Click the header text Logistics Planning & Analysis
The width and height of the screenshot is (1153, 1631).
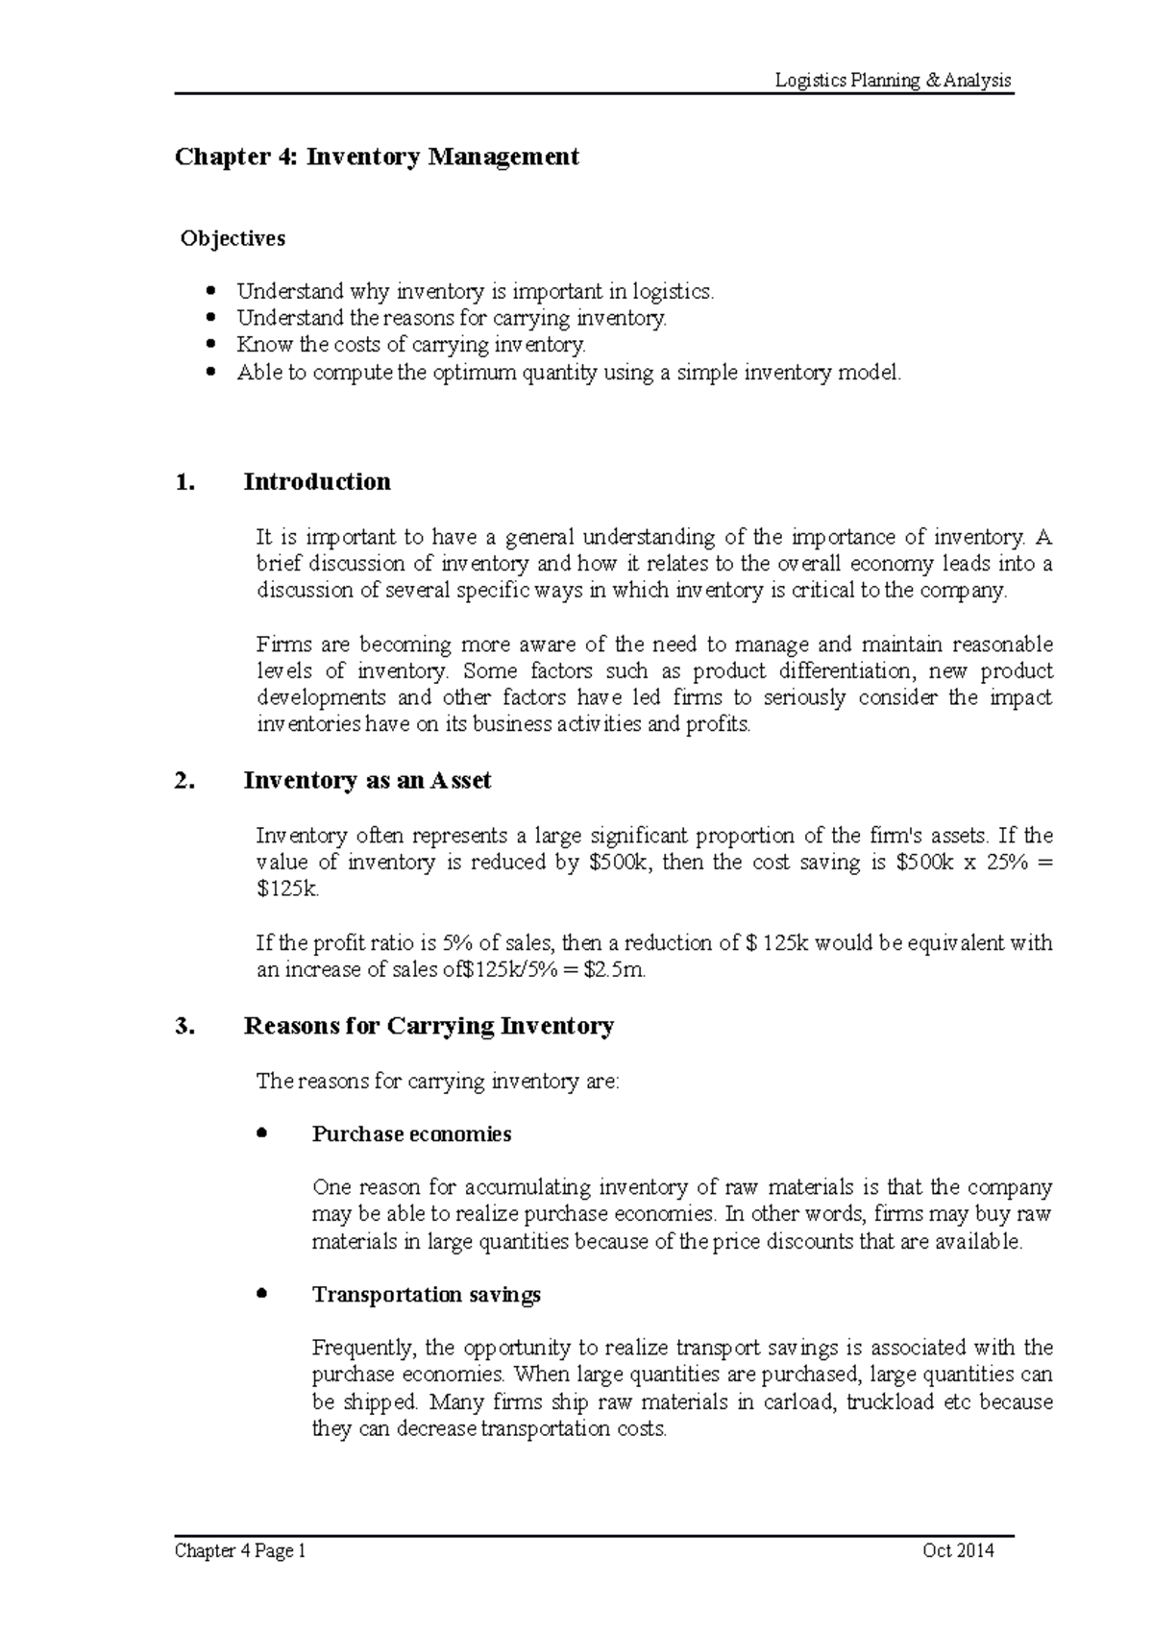pyautogui.click(x=894, y=81)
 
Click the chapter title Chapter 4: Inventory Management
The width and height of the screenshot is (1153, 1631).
pyautogui.click(x=376, y=157)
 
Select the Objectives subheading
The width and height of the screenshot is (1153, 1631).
pyautogui.click(x=233, y=238)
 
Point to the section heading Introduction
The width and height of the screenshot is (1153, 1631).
pyautogui.click(x=317, y=482)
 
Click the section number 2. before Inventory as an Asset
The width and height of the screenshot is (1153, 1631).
pyautogui.click(x=184, y=781)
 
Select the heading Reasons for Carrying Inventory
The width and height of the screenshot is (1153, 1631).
pyautogui.click(x=429, y=1027)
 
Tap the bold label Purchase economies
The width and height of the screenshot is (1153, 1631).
pyautogui.click(x=411, y=1134)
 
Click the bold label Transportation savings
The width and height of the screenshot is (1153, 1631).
pyautogui.click(x=427, y=1295)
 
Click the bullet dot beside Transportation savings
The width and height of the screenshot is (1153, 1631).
pyautogui.click(x=263, y=1294)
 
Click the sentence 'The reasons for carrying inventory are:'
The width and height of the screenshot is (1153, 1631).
pyautogui.click(x=438, y=1082)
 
